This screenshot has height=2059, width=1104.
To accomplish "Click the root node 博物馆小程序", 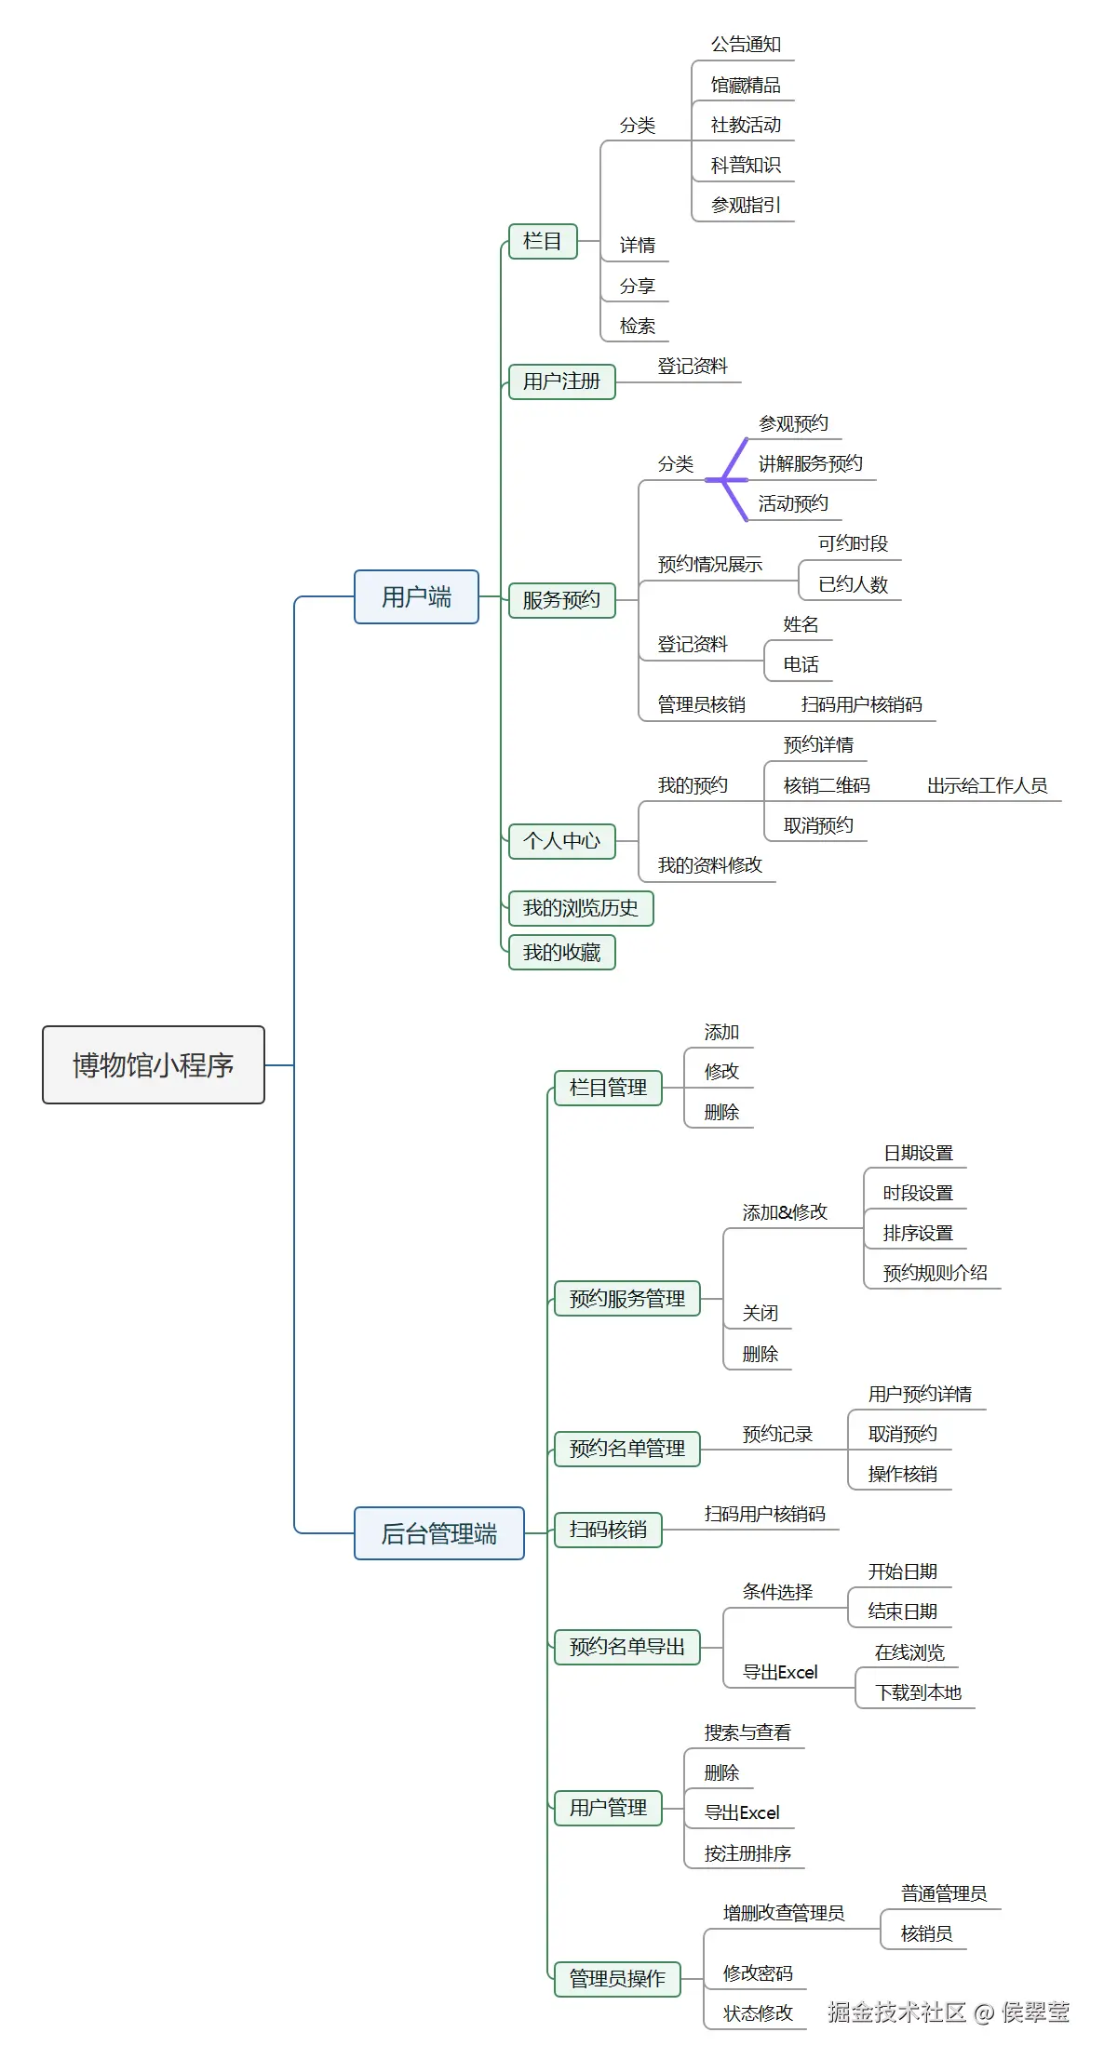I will pyautogui.click(x=154, y=1064).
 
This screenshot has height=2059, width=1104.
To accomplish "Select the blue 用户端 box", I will pyautogui.click(x=416, y=596).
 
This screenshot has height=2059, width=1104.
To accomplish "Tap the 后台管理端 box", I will pyautogui.click(x=438, y=1533).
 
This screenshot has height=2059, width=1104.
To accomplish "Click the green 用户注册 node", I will pyautogui.click(x=561, y=381).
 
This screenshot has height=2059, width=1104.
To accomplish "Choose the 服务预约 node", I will pyautogui.click(x=561, y=600).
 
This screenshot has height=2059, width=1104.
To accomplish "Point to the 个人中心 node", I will pyautogui.click(x=561, y=841).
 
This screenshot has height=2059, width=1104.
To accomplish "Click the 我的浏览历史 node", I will pyautogui.click(x=580, y=908).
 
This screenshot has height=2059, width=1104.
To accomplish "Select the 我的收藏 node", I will pyautogui.click(x=561, y=952).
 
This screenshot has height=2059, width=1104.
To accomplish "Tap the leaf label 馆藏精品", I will pyautogui.click(x=746, y=86).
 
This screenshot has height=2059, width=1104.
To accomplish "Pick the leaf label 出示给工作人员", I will pyautogui.click(x=987, y=785).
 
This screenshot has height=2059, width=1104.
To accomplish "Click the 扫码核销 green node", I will pyautogui.click(x=608, y=1530).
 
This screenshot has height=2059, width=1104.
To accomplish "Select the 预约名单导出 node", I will pyautogui.click(x=626, y=1647).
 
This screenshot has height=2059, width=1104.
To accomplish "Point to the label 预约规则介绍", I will pyautogui.click(x=935, y=1273).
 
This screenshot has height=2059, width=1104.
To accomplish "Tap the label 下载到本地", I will pyautogui.click(x=918, y=1692).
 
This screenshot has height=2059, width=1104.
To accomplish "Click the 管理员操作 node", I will pyautogui.click(x=617, y=1978).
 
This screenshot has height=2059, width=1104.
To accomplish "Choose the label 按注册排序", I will pyautogui.click(x=747, y=1853).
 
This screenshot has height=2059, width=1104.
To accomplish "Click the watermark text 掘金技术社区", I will pyautogui.click(x=896, y=2012).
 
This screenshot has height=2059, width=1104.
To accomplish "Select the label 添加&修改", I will pyautogui.click(x=785, y=1212).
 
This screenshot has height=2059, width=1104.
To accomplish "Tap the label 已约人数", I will pyautogui.click(x=853, y=584).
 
